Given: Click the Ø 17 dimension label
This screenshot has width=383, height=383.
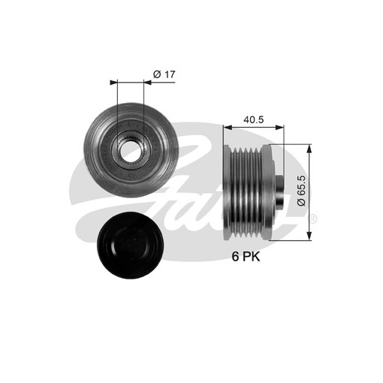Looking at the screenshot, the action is click(164, 74).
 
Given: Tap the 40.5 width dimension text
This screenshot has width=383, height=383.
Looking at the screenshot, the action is click(254, 119).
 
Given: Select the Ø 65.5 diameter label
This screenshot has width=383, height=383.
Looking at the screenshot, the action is click(302, 191).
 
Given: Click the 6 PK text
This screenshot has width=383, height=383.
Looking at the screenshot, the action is click(246, 256).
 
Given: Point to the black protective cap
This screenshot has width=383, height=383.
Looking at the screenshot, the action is click(131, 246).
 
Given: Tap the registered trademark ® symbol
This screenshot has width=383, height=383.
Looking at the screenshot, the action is click(313, 219).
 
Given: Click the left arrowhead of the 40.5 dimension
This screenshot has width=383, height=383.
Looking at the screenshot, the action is click(228, 128).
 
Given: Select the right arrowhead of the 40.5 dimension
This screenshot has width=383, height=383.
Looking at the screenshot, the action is click(280, 128).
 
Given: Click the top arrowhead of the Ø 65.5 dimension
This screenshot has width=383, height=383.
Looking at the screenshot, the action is click(309, 149).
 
